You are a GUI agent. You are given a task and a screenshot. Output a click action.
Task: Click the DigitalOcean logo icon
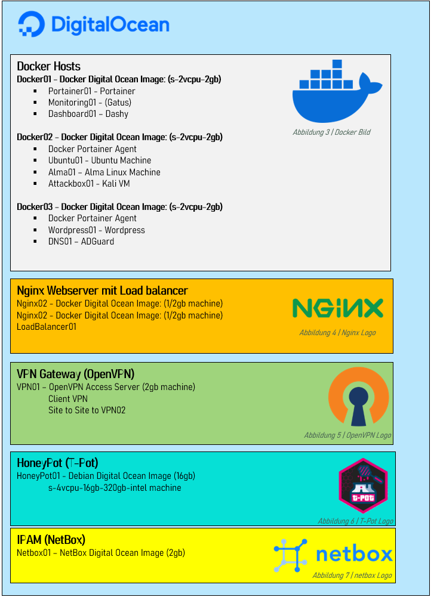(32, 24)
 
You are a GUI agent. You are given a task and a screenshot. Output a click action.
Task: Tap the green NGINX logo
(337, 308)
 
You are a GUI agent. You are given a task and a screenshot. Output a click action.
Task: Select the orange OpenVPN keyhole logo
(358, 397)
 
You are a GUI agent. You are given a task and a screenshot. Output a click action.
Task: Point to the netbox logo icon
(290, 555)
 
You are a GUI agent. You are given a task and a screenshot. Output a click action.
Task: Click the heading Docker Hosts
(48, 66)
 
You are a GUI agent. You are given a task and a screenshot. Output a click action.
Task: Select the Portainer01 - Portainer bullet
(91, 91)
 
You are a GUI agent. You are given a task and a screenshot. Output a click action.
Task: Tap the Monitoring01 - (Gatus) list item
(90, 103)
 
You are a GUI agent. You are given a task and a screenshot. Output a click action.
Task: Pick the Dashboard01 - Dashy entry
(88, 114)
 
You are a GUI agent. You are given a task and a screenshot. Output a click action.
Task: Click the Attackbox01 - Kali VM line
(89, 184)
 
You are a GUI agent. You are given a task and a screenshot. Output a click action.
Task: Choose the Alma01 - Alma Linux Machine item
(104, 172)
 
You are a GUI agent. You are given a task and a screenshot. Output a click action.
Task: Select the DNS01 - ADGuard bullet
(81, 242)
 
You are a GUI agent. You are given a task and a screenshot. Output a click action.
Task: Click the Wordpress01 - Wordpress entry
(96, 230)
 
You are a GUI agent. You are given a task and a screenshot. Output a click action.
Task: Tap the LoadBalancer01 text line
(47, 326)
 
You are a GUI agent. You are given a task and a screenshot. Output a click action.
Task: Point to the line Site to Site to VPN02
(87, 410)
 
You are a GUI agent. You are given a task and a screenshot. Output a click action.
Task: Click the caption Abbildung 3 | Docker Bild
(331, 132)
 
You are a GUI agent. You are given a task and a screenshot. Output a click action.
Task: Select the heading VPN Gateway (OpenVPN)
(75, 374)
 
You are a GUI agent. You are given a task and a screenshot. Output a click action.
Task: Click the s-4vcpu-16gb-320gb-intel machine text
(115, 488)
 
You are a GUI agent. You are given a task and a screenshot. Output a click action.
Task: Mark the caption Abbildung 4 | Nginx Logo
(337, 333)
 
